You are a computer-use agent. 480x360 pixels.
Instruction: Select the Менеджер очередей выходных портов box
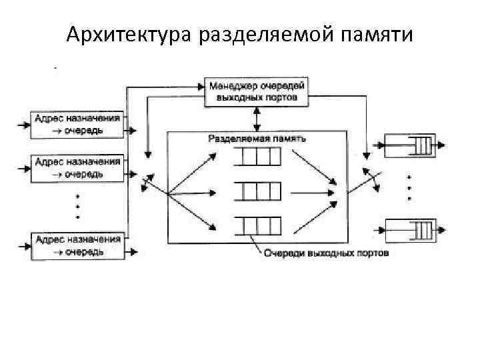[x=257, y=92]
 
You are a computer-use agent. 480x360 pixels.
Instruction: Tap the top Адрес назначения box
[x=78, y=124]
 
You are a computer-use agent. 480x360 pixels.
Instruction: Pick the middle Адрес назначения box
[x=78, y=167]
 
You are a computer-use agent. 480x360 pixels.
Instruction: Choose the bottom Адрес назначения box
[x=78, y=245]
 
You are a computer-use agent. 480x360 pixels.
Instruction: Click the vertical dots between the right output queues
[x=409, y=188]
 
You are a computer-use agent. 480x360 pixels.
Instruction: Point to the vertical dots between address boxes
[x=78, y=207]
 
